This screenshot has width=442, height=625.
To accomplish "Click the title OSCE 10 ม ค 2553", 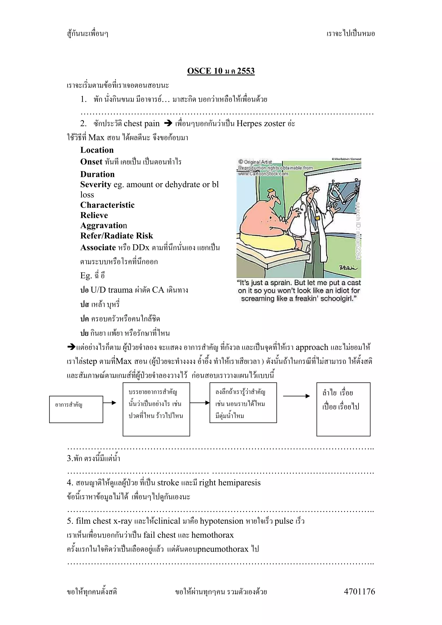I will click(221, 71).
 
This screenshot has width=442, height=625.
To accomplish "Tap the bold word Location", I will click(97, 150).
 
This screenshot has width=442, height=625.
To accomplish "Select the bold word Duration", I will click(97, 174).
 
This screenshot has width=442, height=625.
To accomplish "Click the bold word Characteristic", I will click(107, 205).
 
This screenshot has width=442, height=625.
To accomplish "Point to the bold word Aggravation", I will click(104, 225).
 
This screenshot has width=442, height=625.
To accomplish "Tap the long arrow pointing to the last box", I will click(296, 396).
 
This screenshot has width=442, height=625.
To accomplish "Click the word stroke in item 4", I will click(168, 483).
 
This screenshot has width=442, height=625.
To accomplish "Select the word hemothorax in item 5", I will click(212, 535).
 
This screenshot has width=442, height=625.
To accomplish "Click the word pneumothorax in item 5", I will click(223, 549).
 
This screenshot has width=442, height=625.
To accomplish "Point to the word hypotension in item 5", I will click(221, 521).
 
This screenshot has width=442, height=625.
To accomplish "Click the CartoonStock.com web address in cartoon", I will click(263, 174).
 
